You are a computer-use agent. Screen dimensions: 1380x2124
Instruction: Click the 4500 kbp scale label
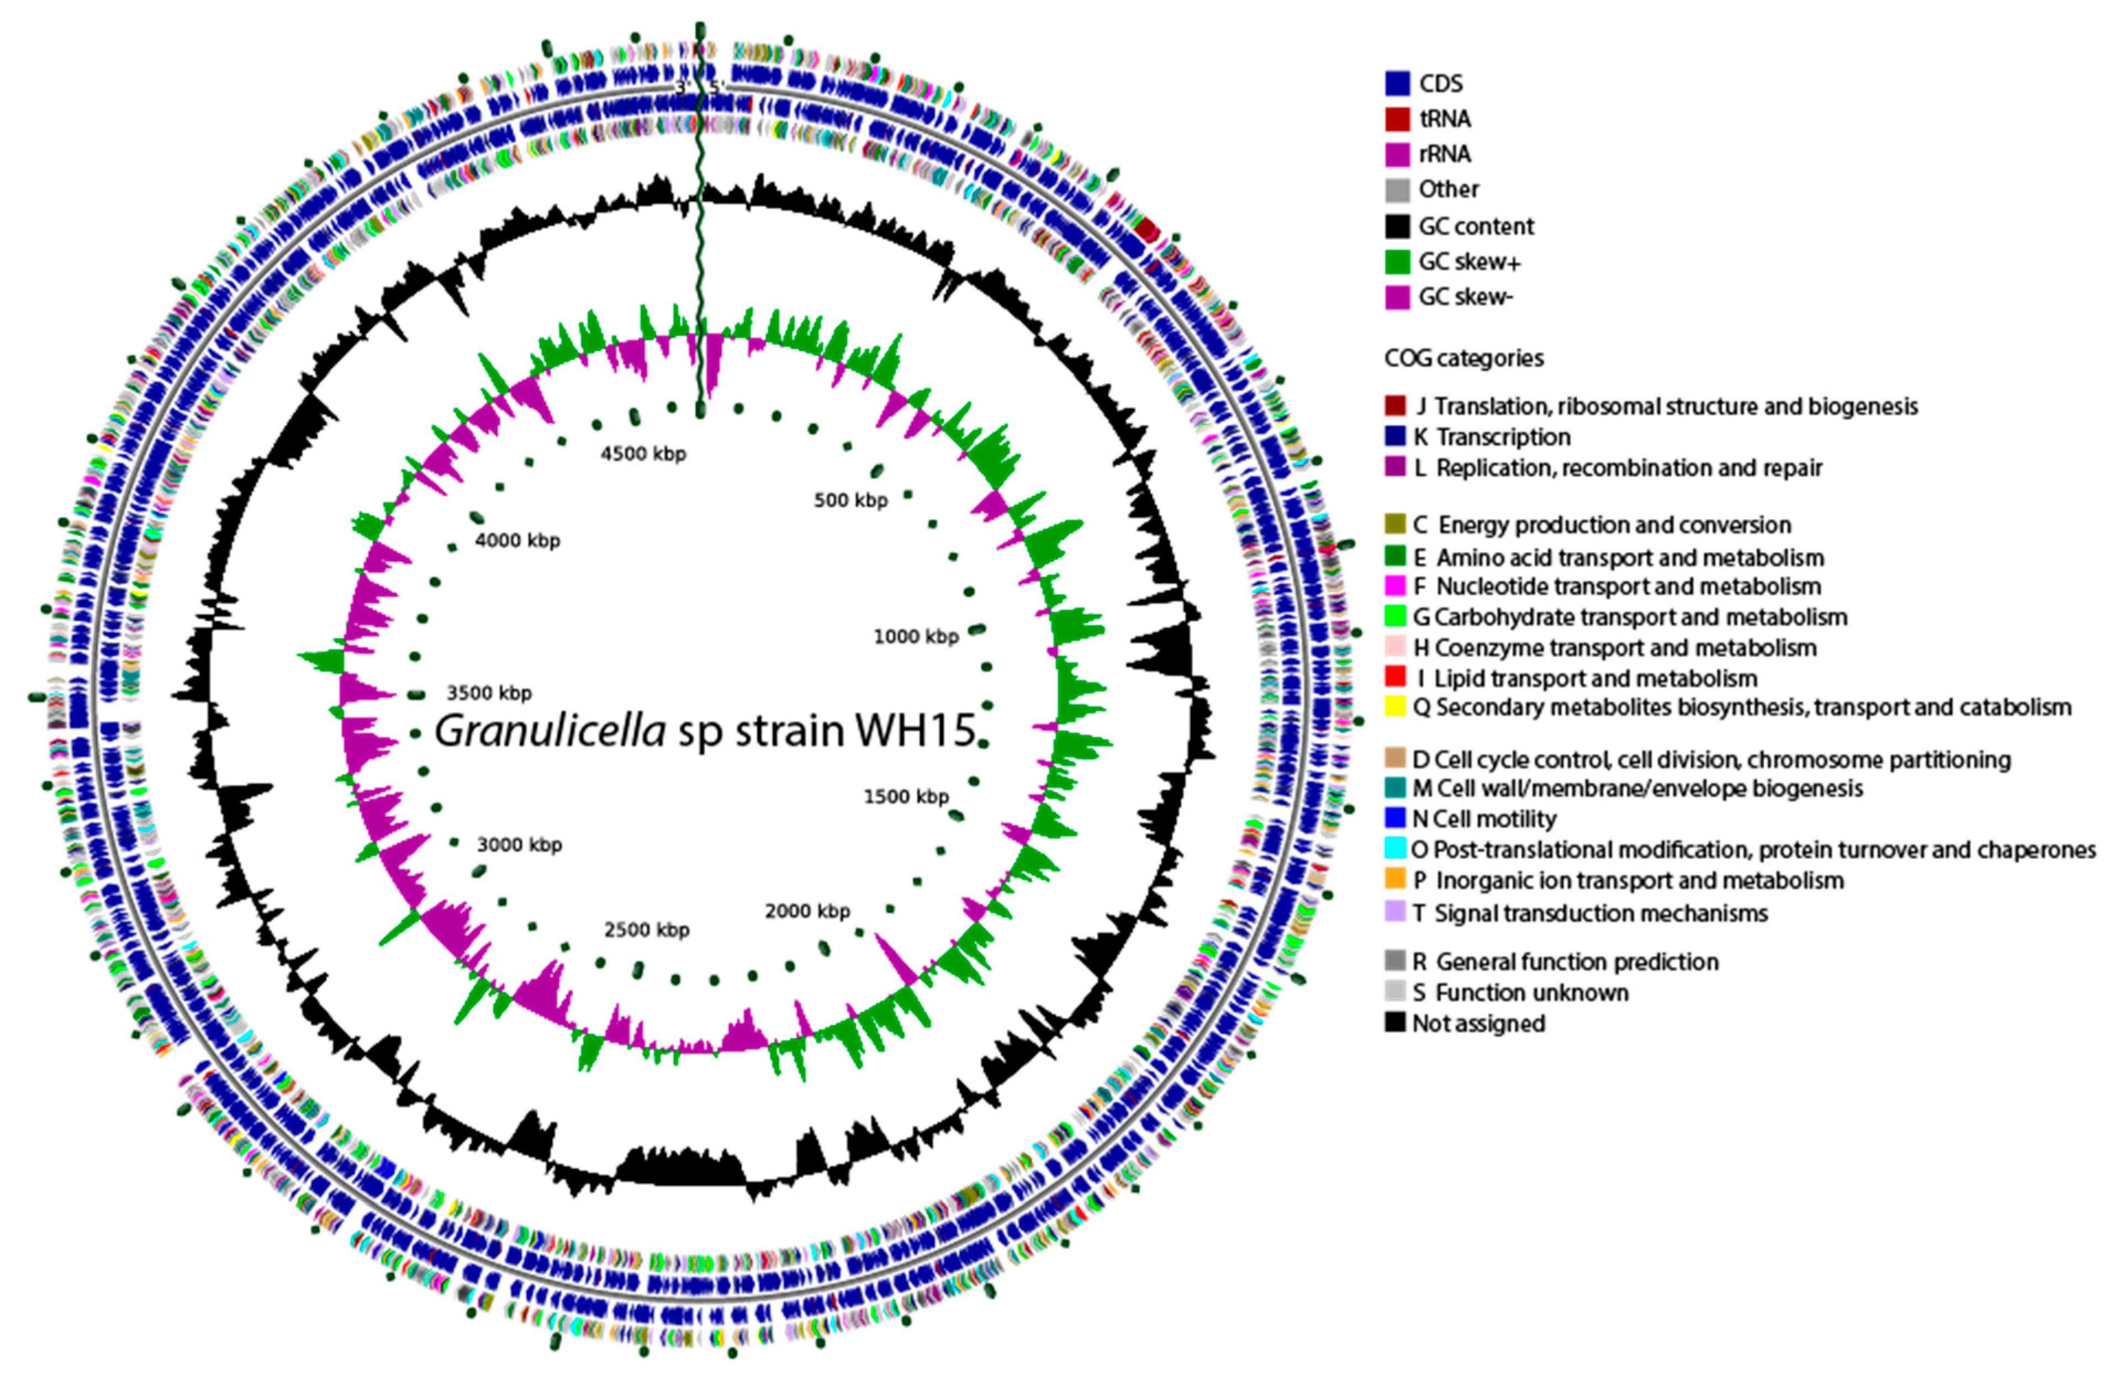point(642,453)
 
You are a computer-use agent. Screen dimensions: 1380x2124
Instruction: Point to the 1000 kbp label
point(916,637)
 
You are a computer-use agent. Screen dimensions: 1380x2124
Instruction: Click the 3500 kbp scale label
point(489,692)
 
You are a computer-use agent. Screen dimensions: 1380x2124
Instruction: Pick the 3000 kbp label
point(519,844)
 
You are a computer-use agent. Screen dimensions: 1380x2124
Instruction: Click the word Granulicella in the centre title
point(550,731)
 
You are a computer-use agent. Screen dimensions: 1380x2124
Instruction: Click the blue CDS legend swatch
point(1397,84)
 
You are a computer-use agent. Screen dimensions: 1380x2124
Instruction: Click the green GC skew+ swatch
point(1397,262)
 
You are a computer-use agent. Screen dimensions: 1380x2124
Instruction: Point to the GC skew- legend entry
point(1465,297)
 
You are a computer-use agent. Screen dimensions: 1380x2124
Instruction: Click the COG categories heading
point(1463,358)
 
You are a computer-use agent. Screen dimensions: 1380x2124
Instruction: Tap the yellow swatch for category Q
point(1395,707)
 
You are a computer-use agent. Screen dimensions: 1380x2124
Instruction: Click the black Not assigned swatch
point(1395,1023)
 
